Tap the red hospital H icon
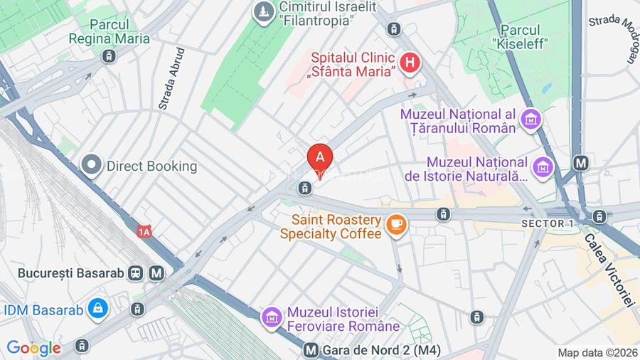point(409,63)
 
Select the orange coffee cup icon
point(396,226)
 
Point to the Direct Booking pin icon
point(91,166)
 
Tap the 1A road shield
point(145,231)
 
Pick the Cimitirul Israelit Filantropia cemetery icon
point(265,12)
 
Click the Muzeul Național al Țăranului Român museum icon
point(530,120)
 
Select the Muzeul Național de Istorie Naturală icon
point(544,167)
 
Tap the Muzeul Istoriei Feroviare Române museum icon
point(272,317)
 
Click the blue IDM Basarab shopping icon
point(97,309)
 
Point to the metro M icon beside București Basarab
point(156,272)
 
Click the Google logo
point(33,348)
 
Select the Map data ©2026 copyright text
point(596,352)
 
